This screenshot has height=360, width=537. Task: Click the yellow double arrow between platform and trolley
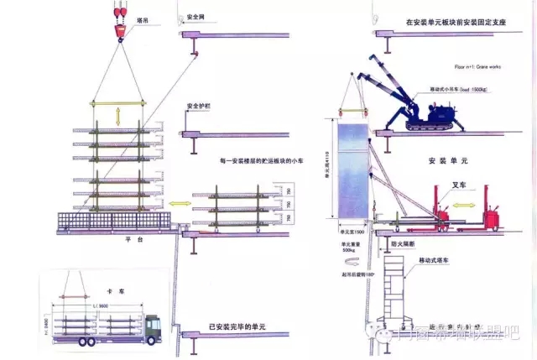(x=179, y=203)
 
